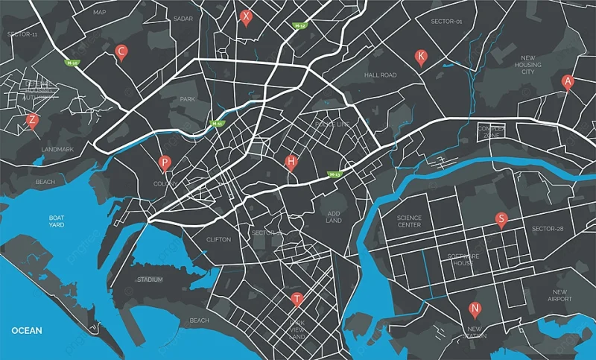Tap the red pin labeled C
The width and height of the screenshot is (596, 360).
(121, 51)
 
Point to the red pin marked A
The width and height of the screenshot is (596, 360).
(568, 81)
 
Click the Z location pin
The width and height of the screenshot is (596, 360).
(32, 120)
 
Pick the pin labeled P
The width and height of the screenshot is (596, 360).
(165, 162)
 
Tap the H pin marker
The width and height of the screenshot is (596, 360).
(291, 162)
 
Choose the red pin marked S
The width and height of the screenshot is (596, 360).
(501, 219)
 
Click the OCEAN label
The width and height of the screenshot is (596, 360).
(27, 330)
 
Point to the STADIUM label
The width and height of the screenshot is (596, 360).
(150, 280)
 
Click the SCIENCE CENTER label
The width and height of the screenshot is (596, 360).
(409, 221)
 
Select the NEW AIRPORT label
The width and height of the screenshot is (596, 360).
(559, 295)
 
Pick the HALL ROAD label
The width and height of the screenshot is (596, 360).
(381, 75)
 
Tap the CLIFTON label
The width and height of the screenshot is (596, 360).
(218, 239)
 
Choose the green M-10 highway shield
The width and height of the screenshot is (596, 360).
(72, 63)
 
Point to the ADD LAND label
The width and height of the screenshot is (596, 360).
(334, 217)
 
